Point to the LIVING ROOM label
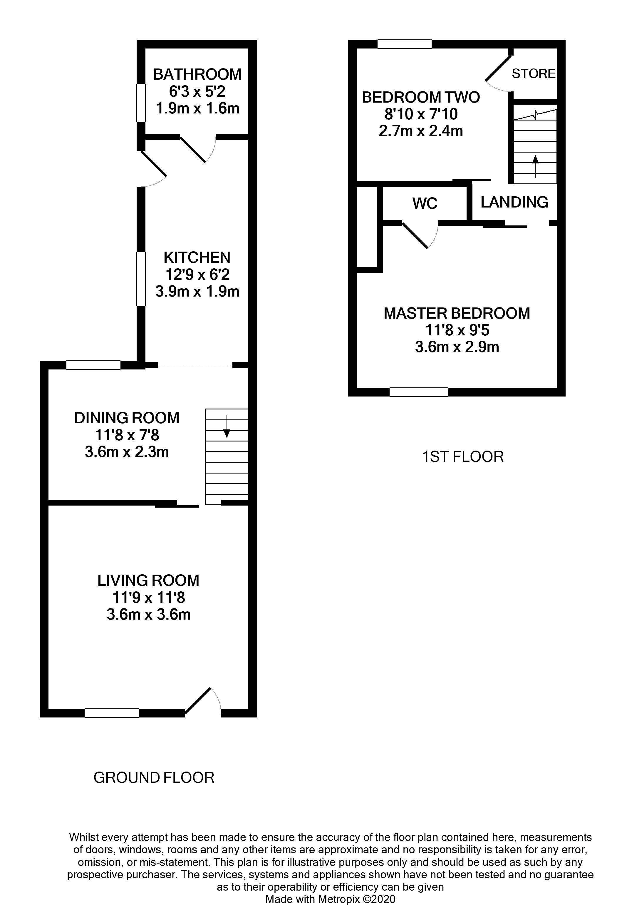coord(148,580)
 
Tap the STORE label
coord(533,73)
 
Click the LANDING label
coord(514,202)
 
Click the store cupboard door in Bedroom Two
coord(498,69)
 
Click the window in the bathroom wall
coord(141,103)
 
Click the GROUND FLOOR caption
coord(154,777)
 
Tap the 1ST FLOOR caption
coord(463,456)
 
